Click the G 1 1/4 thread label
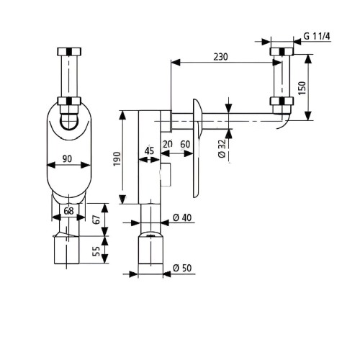click(317, 36)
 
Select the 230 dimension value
click(220, 57)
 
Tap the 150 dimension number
click(302, 88)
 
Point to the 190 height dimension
click(117, 158)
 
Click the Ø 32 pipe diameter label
click(222, 148)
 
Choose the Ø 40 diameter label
click(182, 217)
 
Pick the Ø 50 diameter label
click(182, 268)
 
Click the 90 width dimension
click(67, 158)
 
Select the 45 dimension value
click(149, 151)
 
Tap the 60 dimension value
click(185, 144)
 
